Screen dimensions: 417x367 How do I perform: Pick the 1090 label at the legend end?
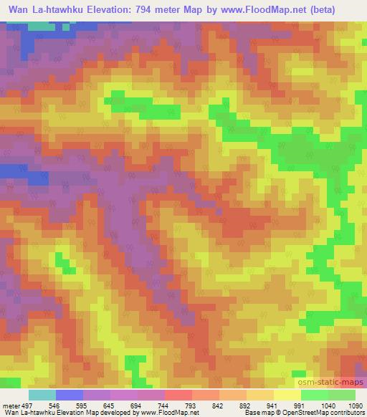point(354,404)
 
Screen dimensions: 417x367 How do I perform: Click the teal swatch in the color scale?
point(42,395)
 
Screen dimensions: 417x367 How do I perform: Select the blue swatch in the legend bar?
point(69,395)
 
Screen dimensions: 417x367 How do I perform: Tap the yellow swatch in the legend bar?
point(286,395)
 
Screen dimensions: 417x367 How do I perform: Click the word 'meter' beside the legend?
point(10,404)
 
